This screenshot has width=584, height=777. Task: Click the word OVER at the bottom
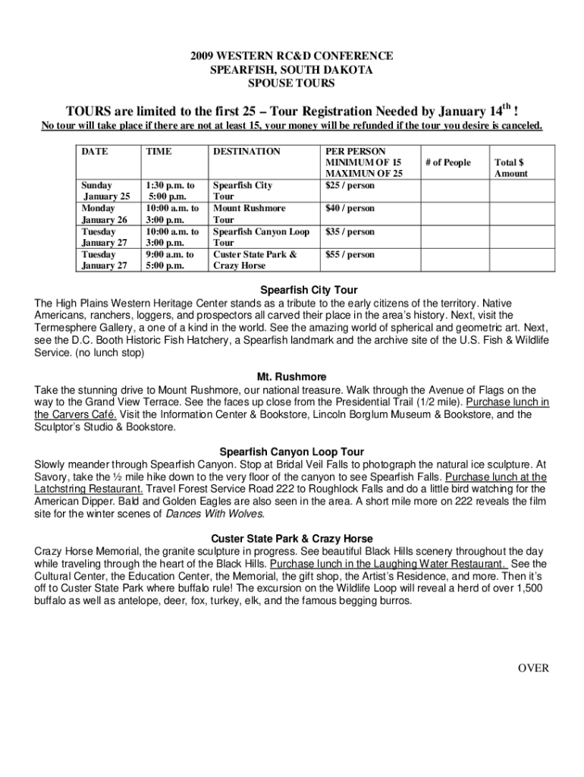(532, 668)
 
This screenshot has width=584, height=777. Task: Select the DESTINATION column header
(246, 152)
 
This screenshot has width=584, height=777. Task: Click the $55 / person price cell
(350, 255)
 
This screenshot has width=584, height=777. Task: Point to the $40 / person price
(350, 208)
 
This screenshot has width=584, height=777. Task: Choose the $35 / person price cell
(350, 231)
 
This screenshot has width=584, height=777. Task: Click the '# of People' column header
(448, 162)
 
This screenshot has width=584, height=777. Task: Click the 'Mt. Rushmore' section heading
(292, 376)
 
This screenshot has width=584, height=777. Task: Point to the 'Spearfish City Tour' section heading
(309, 290)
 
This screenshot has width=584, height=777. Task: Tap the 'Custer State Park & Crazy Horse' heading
(292, 539)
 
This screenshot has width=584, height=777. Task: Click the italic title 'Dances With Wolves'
(215, 514)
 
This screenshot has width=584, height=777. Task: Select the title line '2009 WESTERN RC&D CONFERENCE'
(292, 56)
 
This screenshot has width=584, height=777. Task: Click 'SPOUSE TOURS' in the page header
(292, 82)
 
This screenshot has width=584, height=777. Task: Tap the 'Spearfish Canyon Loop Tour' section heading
(292, 451)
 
